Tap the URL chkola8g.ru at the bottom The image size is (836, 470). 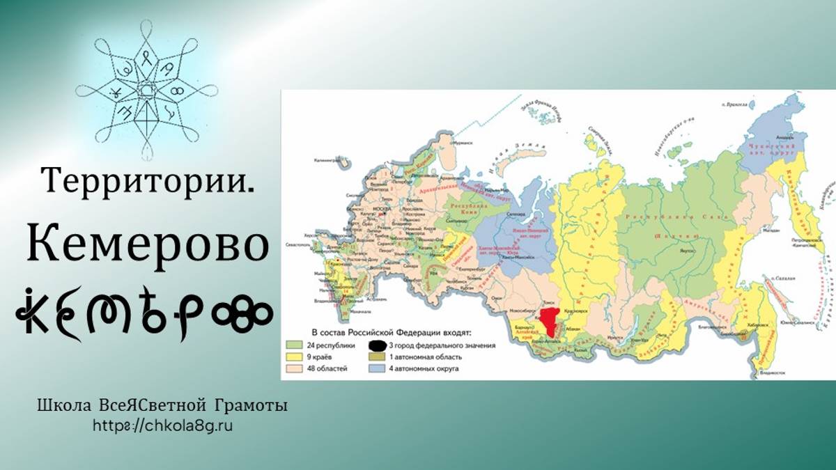point(162,425)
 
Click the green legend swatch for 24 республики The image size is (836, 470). point(293,345)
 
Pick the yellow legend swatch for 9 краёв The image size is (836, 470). point(293,357)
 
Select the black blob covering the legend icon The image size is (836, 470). point(377,345)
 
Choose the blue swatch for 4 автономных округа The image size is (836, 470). point(377,368)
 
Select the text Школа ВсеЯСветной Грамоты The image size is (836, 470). point(162,406)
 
